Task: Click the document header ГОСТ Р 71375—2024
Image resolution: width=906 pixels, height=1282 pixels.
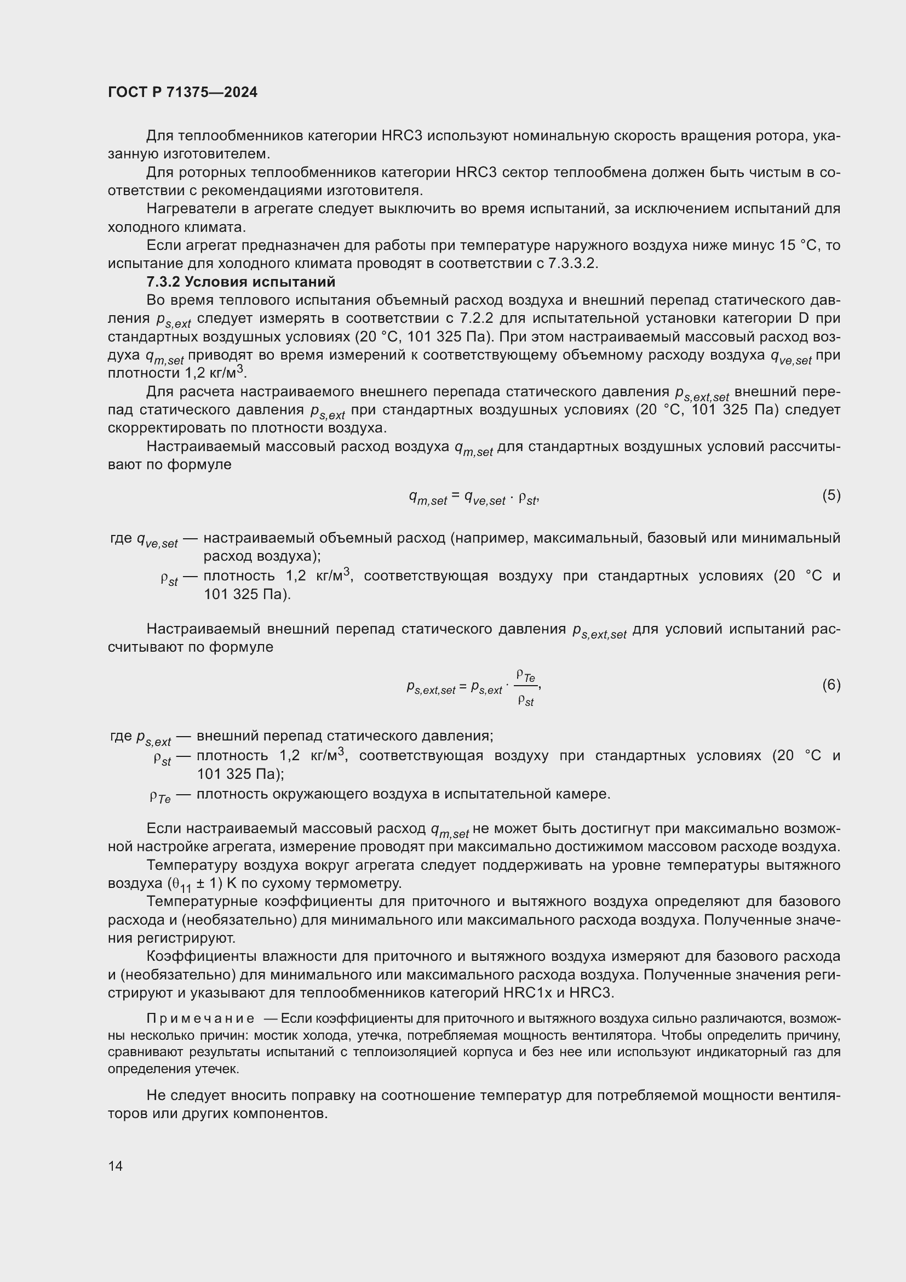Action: pos(182,92)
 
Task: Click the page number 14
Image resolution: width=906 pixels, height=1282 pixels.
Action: pos(116,1166)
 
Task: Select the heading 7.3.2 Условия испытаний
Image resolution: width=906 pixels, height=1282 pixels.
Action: pos(240,281)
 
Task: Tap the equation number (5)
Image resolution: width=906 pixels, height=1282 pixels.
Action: pos(831,495)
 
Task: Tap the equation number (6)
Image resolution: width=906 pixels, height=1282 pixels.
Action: pos(831,685)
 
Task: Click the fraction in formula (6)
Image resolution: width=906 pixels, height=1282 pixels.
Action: pos(525,689)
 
